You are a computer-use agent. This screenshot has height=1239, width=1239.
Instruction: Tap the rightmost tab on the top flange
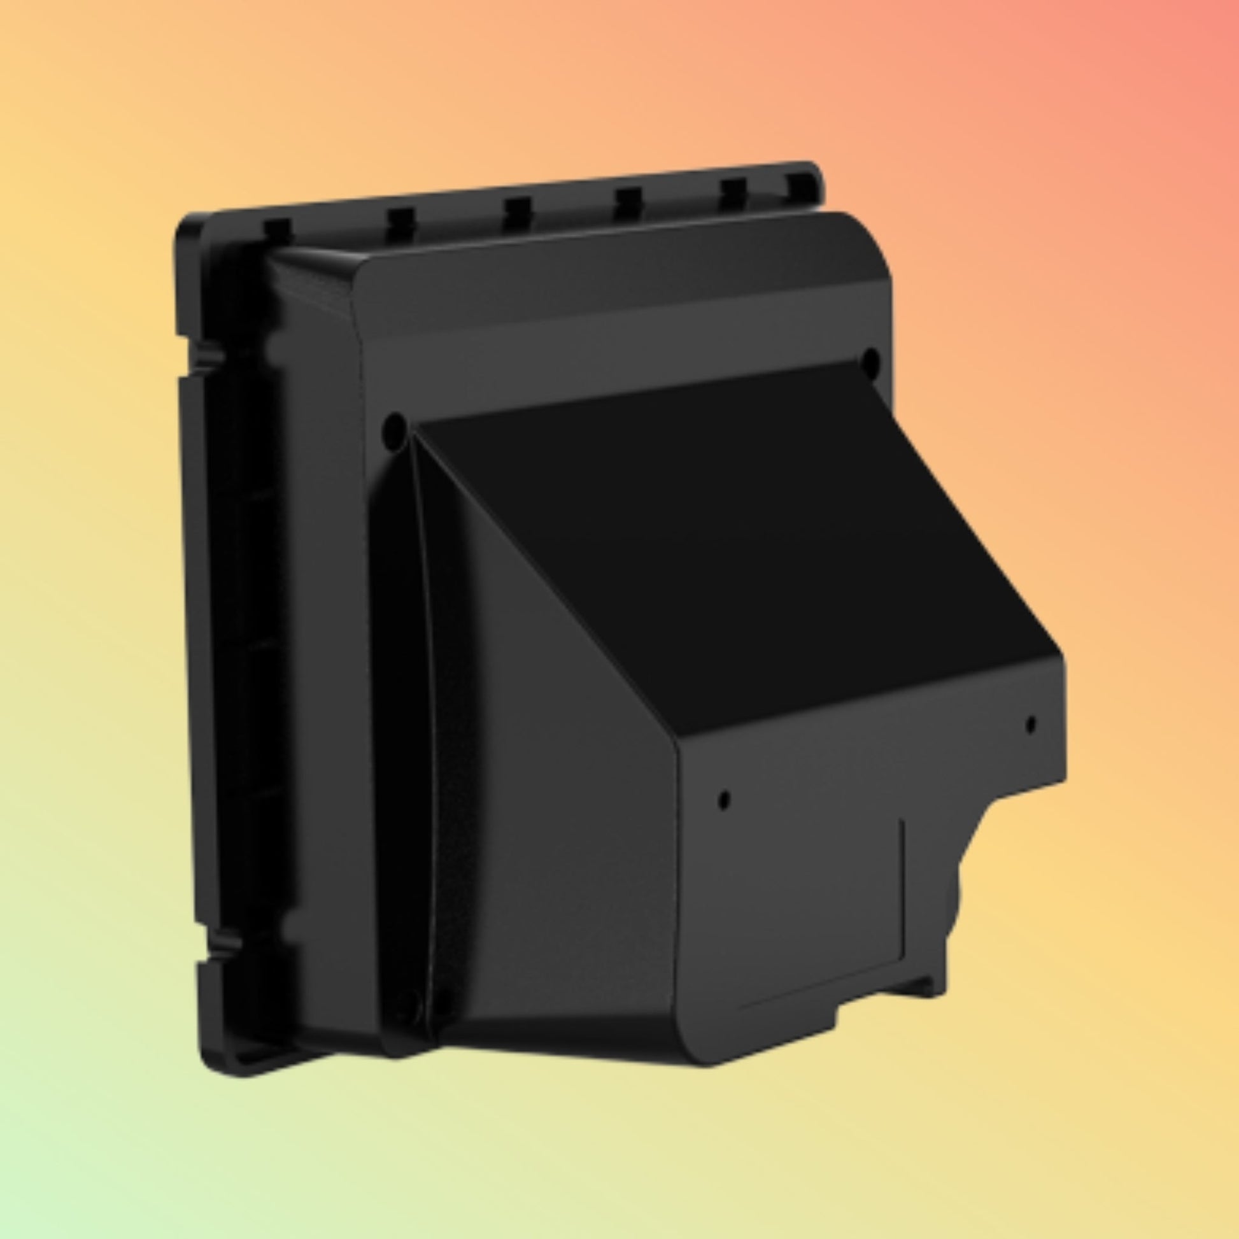point(801,184)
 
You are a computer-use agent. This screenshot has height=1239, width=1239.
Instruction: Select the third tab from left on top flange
point(518,208)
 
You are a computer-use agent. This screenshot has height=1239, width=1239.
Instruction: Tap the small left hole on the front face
point(725,800)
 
